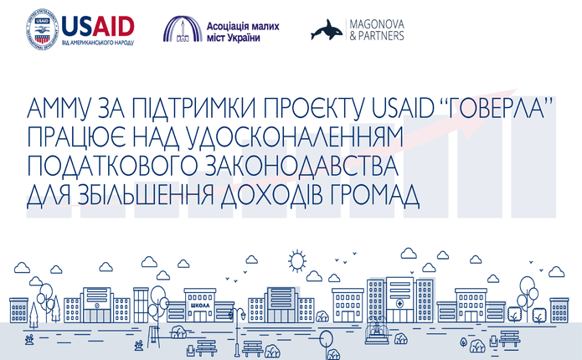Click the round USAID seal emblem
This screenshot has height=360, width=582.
click(42, 30)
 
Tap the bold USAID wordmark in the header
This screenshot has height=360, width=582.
click(98, 27)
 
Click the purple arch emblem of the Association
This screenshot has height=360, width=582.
click(183, 29)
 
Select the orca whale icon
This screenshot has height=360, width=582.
click(327, 30)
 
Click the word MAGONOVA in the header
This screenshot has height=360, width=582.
click(377, 24)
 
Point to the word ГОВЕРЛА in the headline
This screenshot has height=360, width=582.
click(498, 108)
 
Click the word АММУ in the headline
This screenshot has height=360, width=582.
click(59, 108)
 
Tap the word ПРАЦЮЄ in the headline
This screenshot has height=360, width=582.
click(76, 136)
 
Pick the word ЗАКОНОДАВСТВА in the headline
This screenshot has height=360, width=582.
click(301, 166)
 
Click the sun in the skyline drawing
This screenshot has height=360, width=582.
click(297, 260)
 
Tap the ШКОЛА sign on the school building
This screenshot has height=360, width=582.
click(199, 306)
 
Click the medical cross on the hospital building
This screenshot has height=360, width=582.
click(399, 303)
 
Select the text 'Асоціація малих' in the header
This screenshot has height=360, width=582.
click(243, 26)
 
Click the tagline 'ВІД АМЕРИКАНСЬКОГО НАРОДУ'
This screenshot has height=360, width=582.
click(98, 43)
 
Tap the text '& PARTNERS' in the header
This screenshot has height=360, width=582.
click(377, 36)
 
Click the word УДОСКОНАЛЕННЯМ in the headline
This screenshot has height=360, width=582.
click(292, 136)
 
